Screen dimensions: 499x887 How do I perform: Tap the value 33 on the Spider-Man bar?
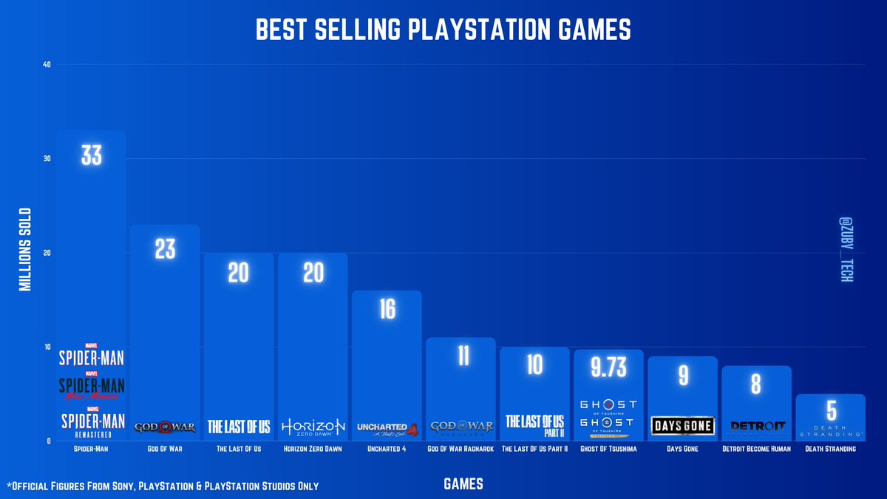[91, 155]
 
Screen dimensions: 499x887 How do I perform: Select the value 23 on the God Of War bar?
[165, 249]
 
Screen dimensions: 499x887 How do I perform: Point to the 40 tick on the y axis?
[47, 64]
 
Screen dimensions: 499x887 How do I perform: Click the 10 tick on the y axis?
[47, 347]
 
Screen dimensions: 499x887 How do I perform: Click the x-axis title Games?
[463, 484]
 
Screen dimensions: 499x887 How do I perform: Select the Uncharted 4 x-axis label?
[387, 449]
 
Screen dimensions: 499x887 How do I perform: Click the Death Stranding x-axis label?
[831, 449]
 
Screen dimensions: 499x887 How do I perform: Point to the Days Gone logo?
[683, 426]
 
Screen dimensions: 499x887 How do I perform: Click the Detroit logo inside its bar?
[756, 427]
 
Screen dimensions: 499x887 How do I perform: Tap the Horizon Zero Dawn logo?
[313, 427]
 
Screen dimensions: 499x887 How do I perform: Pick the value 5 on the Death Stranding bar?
[831, 410]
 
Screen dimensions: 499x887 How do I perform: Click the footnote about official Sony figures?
[163, 486]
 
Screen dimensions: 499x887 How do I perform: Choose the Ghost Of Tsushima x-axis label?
[608, 449]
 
